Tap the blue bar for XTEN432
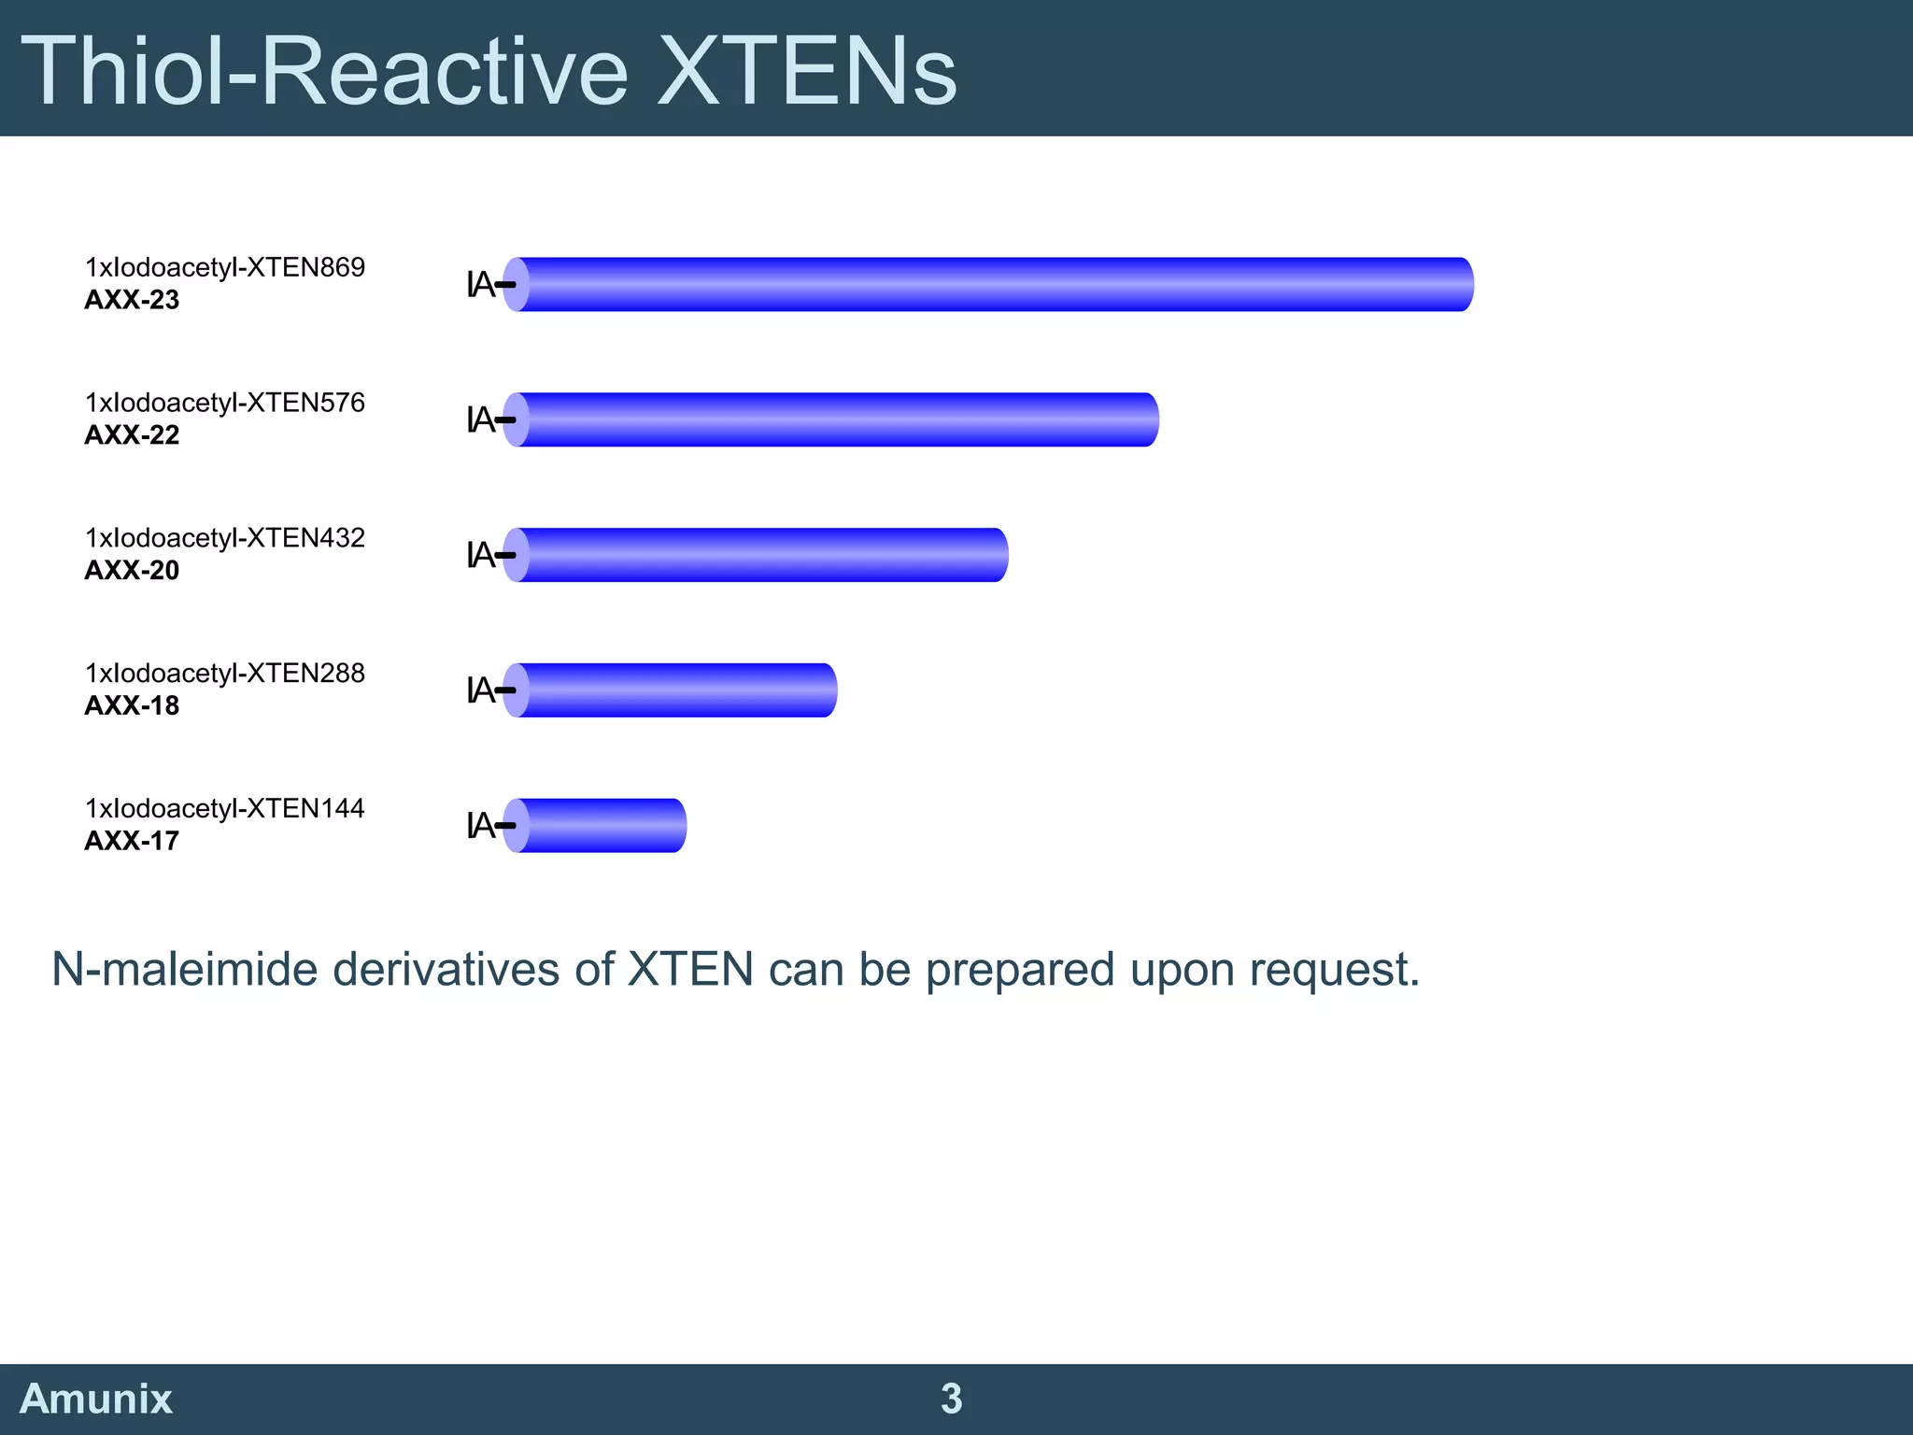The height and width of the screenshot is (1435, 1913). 756,555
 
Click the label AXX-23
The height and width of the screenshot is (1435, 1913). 132,300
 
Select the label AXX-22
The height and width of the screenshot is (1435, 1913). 132,435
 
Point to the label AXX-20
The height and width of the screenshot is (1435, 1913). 132,571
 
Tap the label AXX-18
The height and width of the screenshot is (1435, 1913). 132,706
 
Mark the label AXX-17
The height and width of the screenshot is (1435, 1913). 132,841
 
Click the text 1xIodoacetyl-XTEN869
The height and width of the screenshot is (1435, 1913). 225,267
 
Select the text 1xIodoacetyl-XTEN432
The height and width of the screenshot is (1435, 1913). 225,538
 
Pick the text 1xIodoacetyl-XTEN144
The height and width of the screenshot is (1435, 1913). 225,808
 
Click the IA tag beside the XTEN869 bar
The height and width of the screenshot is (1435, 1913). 481,284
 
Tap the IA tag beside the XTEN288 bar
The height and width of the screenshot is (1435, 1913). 481,690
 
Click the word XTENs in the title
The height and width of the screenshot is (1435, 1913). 807,71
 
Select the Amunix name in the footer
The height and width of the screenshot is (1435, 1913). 96,1399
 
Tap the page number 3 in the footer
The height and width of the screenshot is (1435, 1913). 951,1399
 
